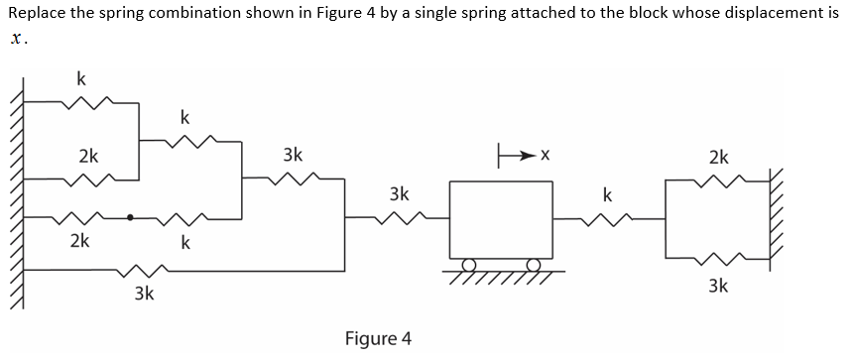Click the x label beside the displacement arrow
(x=545, y=156)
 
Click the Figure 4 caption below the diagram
(x=378, y=338)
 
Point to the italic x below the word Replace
(x=14, y=41)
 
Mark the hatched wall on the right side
(x=777, y=223)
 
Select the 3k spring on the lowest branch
(x=142, y=269)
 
